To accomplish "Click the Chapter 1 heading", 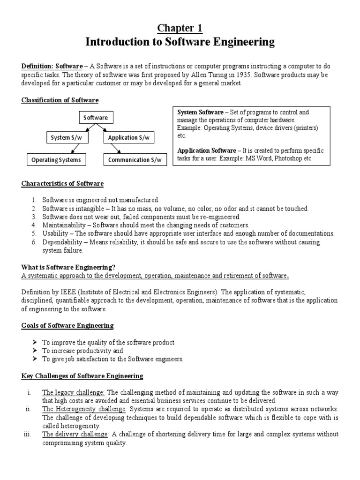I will click(180, 28).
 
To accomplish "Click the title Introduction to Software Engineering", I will click(180, 42).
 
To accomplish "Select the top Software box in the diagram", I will click(96, 118).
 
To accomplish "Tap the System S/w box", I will click(66, 137).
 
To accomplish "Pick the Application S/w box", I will click(128, 137).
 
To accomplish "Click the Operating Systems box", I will click(56, 160).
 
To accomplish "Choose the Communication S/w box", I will click(135, 160).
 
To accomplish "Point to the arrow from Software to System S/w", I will click(84, 127).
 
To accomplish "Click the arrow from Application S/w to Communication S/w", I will click(114, 149).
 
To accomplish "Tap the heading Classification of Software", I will click(60, 100).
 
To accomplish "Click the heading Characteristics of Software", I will click(62, 183).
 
